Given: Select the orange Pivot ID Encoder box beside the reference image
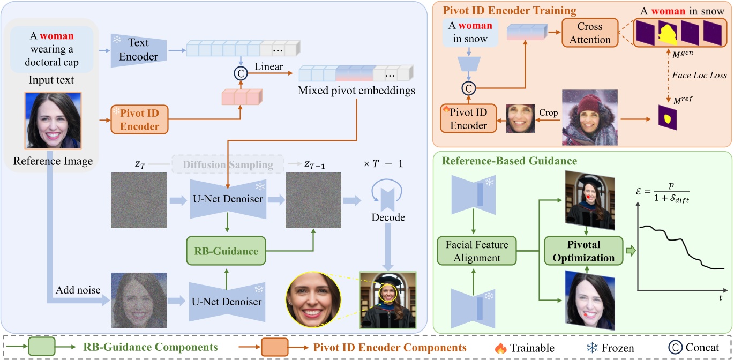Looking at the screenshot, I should [x=139, y=119].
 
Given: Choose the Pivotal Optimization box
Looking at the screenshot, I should [x=583, y=251].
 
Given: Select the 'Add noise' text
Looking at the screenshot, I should [x=78, y=290].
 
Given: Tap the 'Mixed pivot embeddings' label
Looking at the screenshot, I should [x=356, y=91].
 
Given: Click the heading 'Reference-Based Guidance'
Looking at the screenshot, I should [x=508, y=161].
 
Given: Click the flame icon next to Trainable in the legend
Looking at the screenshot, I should [x=501, y=348].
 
